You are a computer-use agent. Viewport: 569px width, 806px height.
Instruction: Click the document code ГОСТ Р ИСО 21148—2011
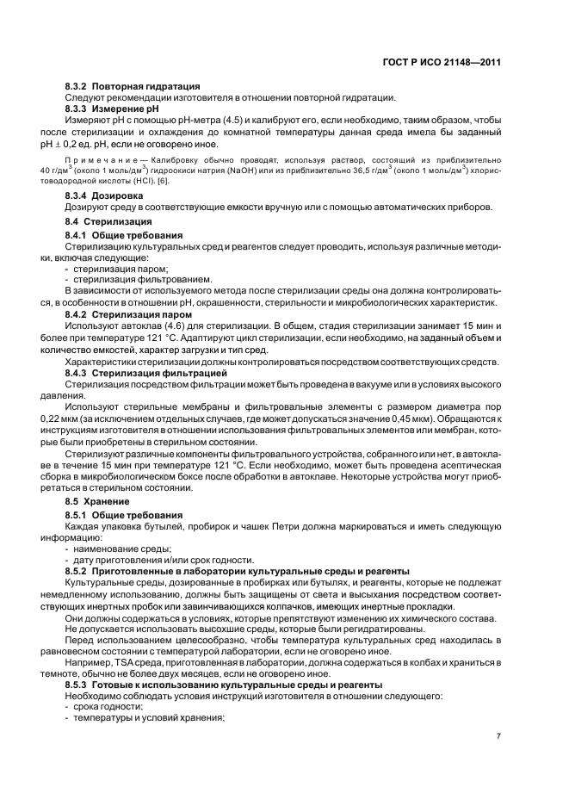pyautogui.click(x=441, y=63)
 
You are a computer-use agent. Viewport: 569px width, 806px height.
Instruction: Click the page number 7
pyautogui.click(x=498, y=735)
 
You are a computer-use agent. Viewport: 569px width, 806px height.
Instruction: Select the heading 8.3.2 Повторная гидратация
pyautogui.click(x=133, y=86)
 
